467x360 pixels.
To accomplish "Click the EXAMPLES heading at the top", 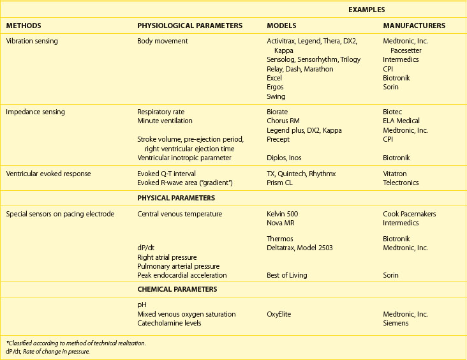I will (366, 10).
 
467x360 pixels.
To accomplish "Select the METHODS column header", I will (24, 26).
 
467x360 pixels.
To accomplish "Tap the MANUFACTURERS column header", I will (414, 26).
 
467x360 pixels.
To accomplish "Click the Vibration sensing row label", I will (32, 41).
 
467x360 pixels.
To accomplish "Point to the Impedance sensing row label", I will (35, 112).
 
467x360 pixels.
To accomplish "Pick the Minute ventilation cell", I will (165, 121).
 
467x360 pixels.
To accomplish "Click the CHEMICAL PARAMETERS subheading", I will (177, 289).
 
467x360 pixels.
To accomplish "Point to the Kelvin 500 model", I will (282, 214).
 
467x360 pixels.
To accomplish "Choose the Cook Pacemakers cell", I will (409, 214).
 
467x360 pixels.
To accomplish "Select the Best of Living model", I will (286, 275).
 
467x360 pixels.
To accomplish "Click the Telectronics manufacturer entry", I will (401, 183).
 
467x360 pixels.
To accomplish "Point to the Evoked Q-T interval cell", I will (166, 174).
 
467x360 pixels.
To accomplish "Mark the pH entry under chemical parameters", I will (142, 305).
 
